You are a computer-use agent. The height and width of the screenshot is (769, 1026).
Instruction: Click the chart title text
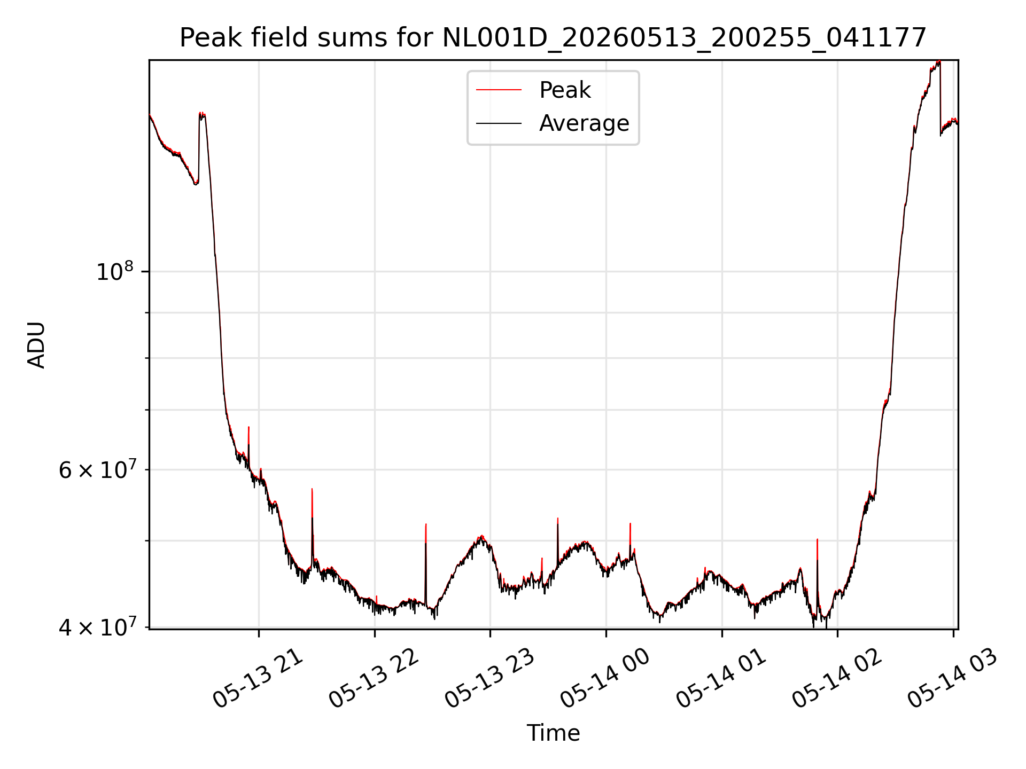(553, 38)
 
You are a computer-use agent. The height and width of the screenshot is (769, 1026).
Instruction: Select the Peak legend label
(565, 90)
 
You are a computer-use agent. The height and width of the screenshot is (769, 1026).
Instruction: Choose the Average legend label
(584, 123)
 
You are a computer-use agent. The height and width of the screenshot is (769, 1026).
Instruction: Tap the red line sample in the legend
(499, 90)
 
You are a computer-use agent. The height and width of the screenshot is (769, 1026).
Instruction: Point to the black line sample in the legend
(499, 123)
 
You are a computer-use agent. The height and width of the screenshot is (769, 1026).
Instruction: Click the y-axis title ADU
(36, 345)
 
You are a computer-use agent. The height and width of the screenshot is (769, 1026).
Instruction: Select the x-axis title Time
(553, 733)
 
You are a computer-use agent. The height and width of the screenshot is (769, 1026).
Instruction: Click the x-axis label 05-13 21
(258, 678)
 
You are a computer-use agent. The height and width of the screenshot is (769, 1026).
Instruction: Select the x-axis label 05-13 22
(374, 678)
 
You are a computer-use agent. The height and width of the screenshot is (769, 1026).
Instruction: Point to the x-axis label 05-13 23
(490, 678)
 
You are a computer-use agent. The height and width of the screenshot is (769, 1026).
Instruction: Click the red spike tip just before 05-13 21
(248, 427)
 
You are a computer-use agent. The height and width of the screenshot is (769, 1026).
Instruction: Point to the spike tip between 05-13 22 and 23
(426, 524)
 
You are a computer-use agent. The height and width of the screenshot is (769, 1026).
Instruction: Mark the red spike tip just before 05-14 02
(817, 539)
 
